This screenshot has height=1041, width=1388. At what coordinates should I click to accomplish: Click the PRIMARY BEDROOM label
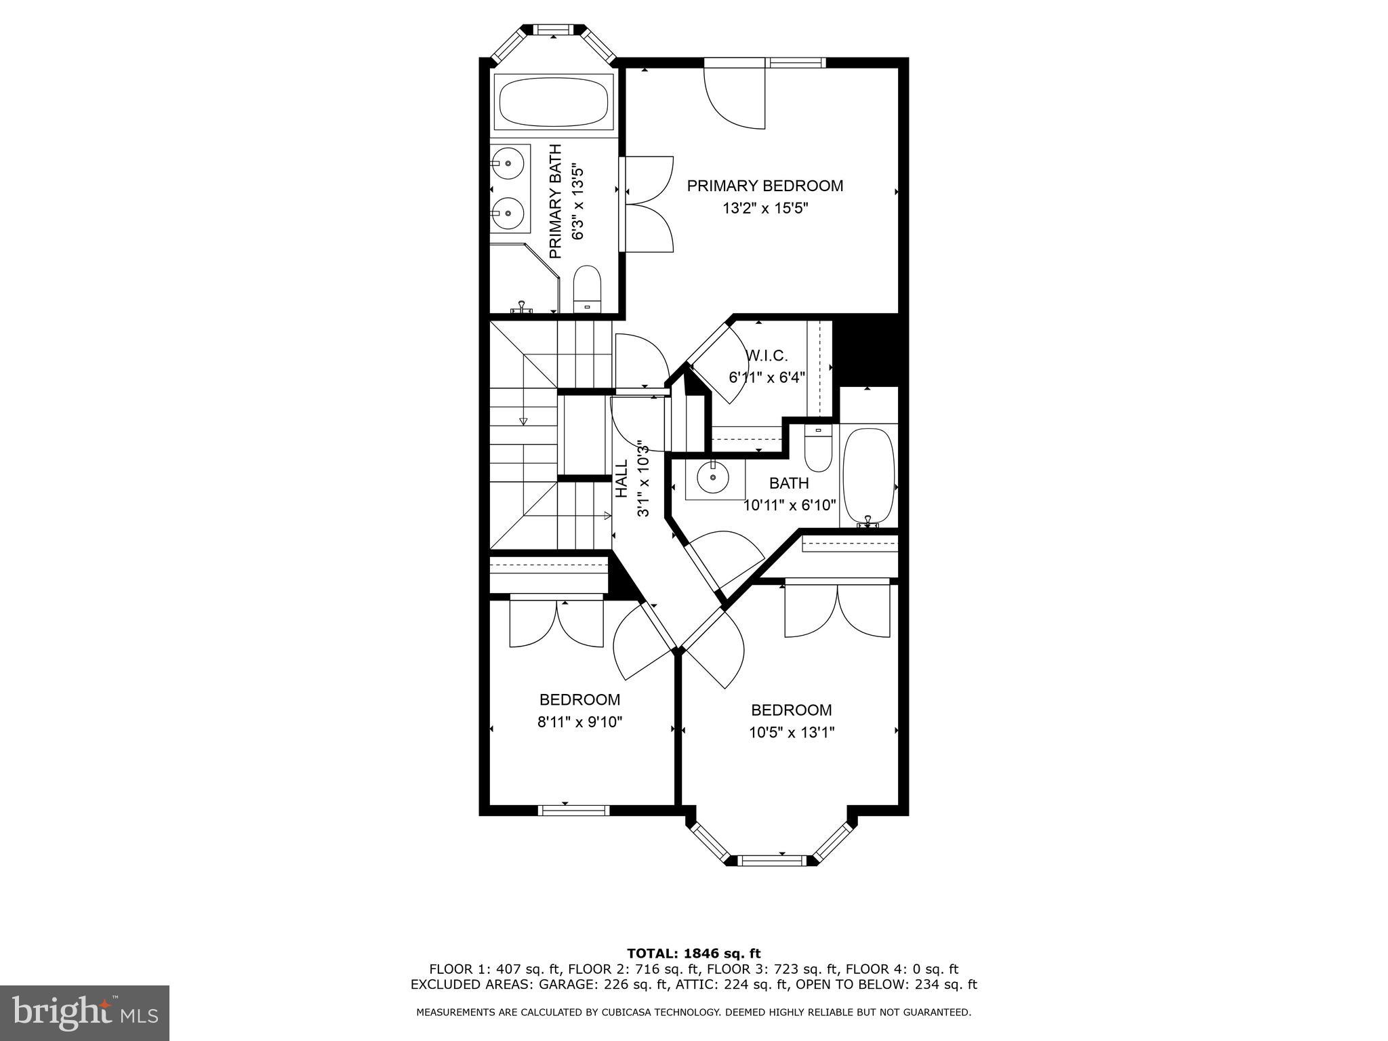[x=765, y=186]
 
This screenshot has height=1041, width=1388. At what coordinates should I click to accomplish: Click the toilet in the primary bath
[x=587, y=289]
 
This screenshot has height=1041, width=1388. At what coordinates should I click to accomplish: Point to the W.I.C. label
[x=767, y=356]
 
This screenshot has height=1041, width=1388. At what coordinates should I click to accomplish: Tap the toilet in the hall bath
[x=818, y=447]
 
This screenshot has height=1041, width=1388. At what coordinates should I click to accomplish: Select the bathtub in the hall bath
[x=869, y=474]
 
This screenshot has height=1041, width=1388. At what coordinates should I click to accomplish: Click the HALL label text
[x=621, y=478]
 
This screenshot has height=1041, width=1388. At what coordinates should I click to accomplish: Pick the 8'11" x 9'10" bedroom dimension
[x=579, y=722]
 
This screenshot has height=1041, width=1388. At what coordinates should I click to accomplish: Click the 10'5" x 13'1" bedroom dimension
[x=791, y=733]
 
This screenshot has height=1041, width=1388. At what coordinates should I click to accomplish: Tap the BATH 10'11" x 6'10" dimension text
[x=790, y=505]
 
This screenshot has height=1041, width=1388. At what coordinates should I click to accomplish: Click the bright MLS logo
[x=85, y=1013]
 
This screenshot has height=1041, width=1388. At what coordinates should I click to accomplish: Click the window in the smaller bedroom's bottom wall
[x=573, y=810]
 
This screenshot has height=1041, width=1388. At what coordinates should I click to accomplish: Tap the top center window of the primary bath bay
[x=553, y=30]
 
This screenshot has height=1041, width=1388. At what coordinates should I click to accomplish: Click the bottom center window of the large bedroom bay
[x=772, y=861]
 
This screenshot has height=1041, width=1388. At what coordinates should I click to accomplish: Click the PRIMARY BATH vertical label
[x=555, y=201]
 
